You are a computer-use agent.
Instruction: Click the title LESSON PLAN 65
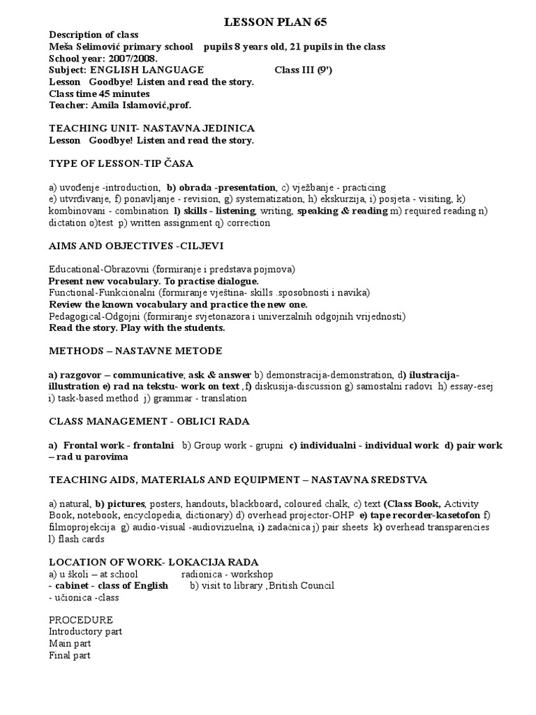click(275, 23)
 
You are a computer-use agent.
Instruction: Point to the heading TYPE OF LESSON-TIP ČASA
click(121, 163)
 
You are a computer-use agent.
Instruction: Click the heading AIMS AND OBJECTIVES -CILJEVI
click(136, 247)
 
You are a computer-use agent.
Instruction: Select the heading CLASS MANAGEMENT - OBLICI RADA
click(149, 421)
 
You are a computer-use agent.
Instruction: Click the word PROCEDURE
click(81, 620)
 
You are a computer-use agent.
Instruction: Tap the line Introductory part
click(86, 632)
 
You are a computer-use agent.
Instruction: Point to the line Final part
click(70, 656)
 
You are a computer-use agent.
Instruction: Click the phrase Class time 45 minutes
click(99, 94)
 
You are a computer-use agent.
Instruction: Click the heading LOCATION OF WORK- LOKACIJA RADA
click(154, 562)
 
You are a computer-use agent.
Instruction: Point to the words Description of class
click(94, 35)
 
